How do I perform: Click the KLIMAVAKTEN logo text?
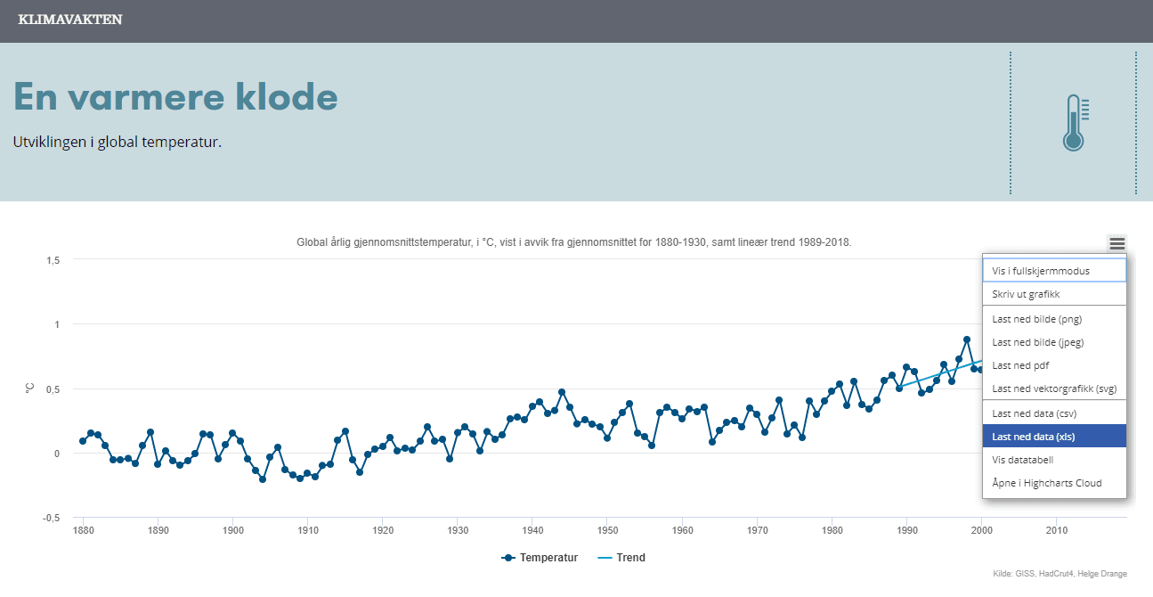[x=70, y=20]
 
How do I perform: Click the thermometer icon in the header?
[x=1075, y=122]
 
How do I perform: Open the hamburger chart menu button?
[x=1116, y=243]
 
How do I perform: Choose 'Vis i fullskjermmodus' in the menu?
[x=1041, y=270]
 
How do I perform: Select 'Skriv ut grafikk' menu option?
[x=1026, y=294]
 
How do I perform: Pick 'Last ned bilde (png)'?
[x=1036, y=319]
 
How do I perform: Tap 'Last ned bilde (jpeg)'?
[x=1038, y=342]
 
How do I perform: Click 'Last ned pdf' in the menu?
[x=1020, y=365]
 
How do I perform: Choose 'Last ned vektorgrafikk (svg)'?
[x=1054, y=388]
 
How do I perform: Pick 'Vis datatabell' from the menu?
[x=1023, y=460]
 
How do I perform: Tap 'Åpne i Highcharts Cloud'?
[x=1046, y=483]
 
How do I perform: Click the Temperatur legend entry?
[x=540, y=558]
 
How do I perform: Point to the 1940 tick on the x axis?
[x=532, y=531]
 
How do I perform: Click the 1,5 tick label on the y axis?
[x=52, y=260]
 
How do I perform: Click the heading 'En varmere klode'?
[x=175, y=96]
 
